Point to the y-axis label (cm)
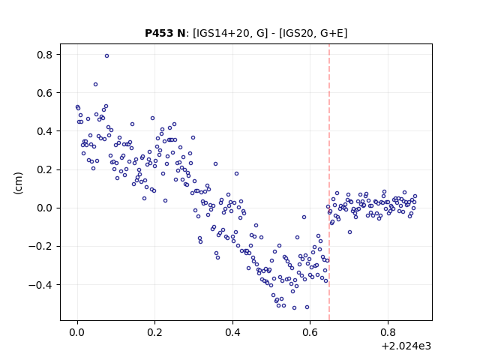click(18, 183)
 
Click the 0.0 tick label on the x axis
click(77, 332)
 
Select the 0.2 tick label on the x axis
click(155, 332)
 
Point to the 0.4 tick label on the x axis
click(232, 332)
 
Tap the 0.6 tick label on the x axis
click(310, 332)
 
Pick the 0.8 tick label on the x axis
click(388, 332)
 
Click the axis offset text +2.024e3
click(406, 346)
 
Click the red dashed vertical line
click(329, 182)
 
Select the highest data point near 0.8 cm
click(106, 55)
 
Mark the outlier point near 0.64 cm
click(95, 84)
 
